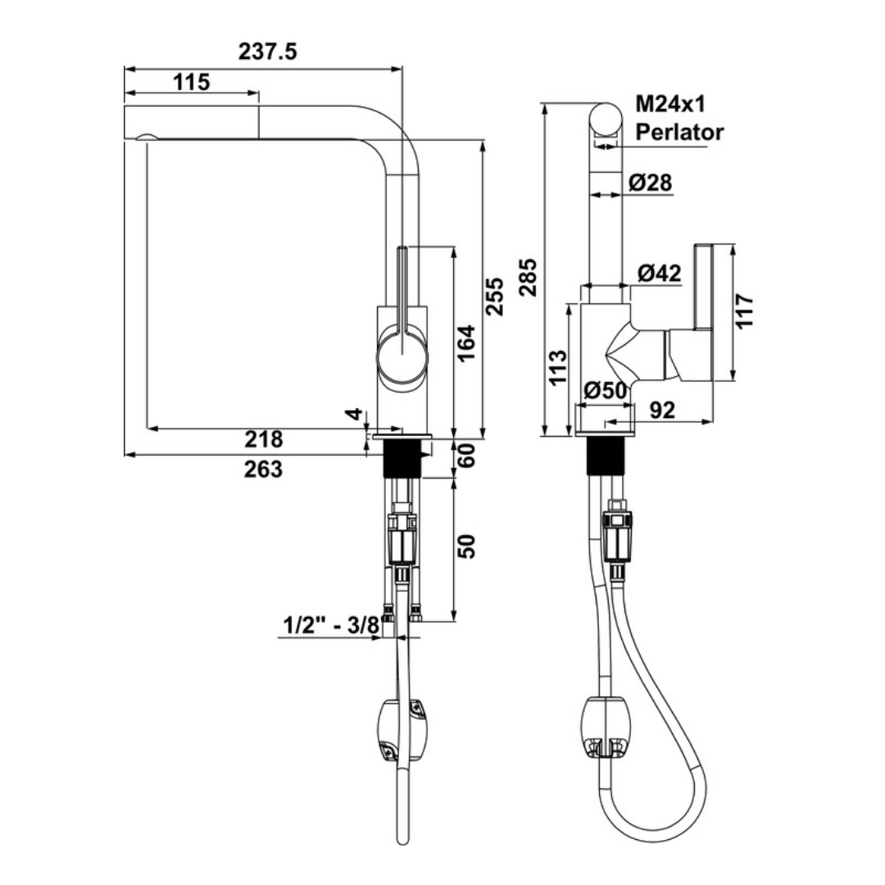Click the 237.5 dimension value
point(267,52)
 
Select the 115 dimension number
point(193,82)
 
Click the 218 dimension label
point(264,440)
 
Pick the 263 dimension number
point(264,469)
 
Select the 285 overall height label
point(529,277)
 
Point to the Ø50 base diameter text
point(606,390)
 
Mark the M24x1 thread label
point(671,104)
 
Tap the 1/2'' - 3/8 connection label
point(331,626)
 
